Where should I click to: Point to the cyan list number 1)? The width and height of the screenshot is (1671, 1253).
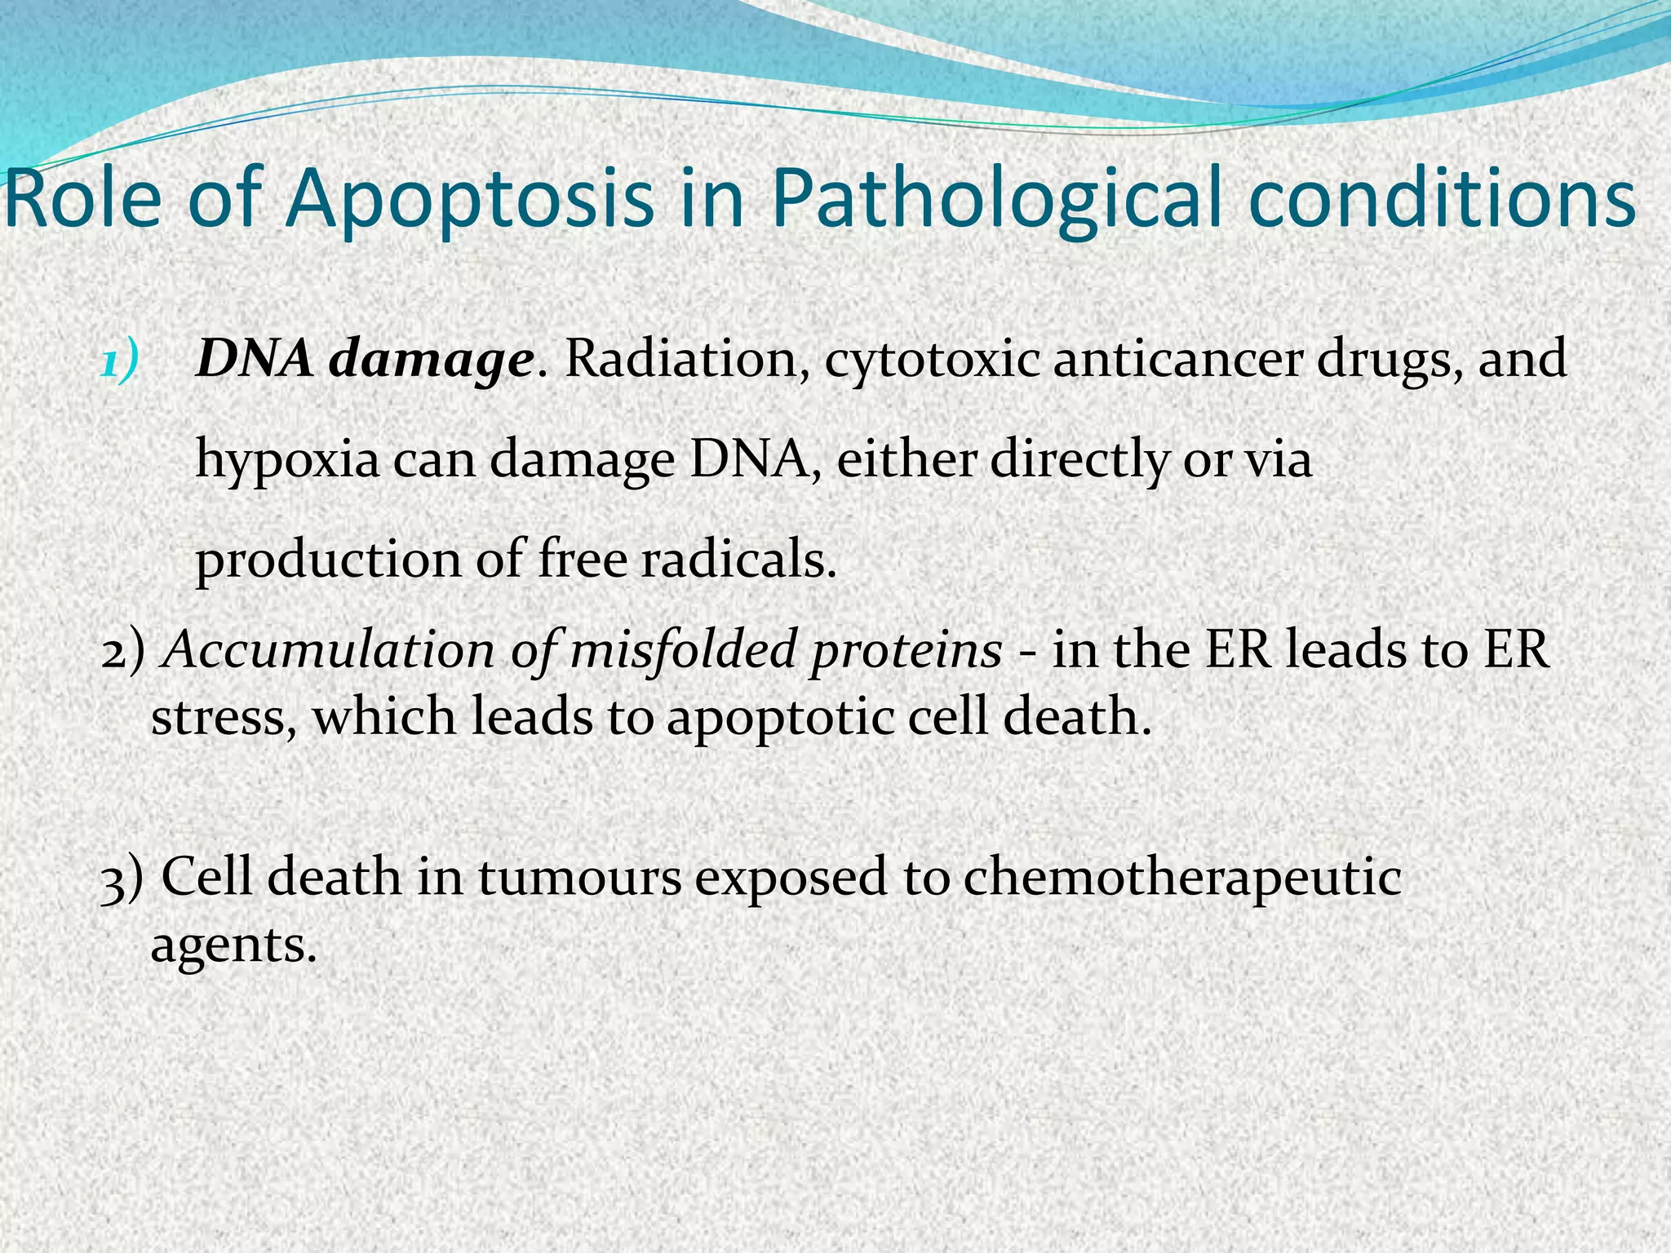pyautogui.click(x=120, y=360)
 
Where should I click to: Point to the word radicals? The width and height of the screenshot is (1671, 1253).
pyautogui.click(x=738, y=560)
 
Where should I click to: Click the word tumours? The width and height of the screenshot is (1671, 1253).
pyautogui.click(x=579, y=878)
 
